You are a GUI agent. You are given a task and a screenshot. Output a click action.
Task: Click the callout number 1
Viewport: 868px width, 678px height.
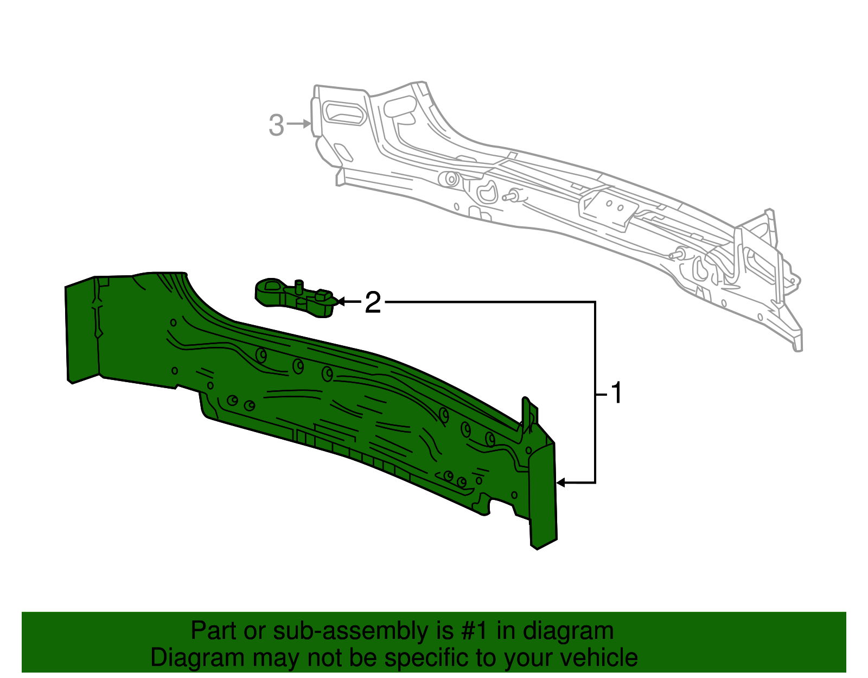pyautogui.click(x=616, y=393)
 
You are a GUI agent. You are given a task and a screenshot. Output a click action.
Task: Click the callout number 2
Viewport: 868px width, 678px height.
pyautogui.click(x=373, y=302)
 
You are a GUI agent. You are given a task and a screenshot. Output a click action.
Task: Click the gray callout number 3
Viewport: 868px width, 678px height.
pyautogui.click(x=277, y=125)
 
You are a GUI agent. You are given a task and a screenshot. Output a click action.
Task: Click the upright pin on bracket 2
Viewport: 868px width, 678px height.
pyautogui.click(x=298, y=286)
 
